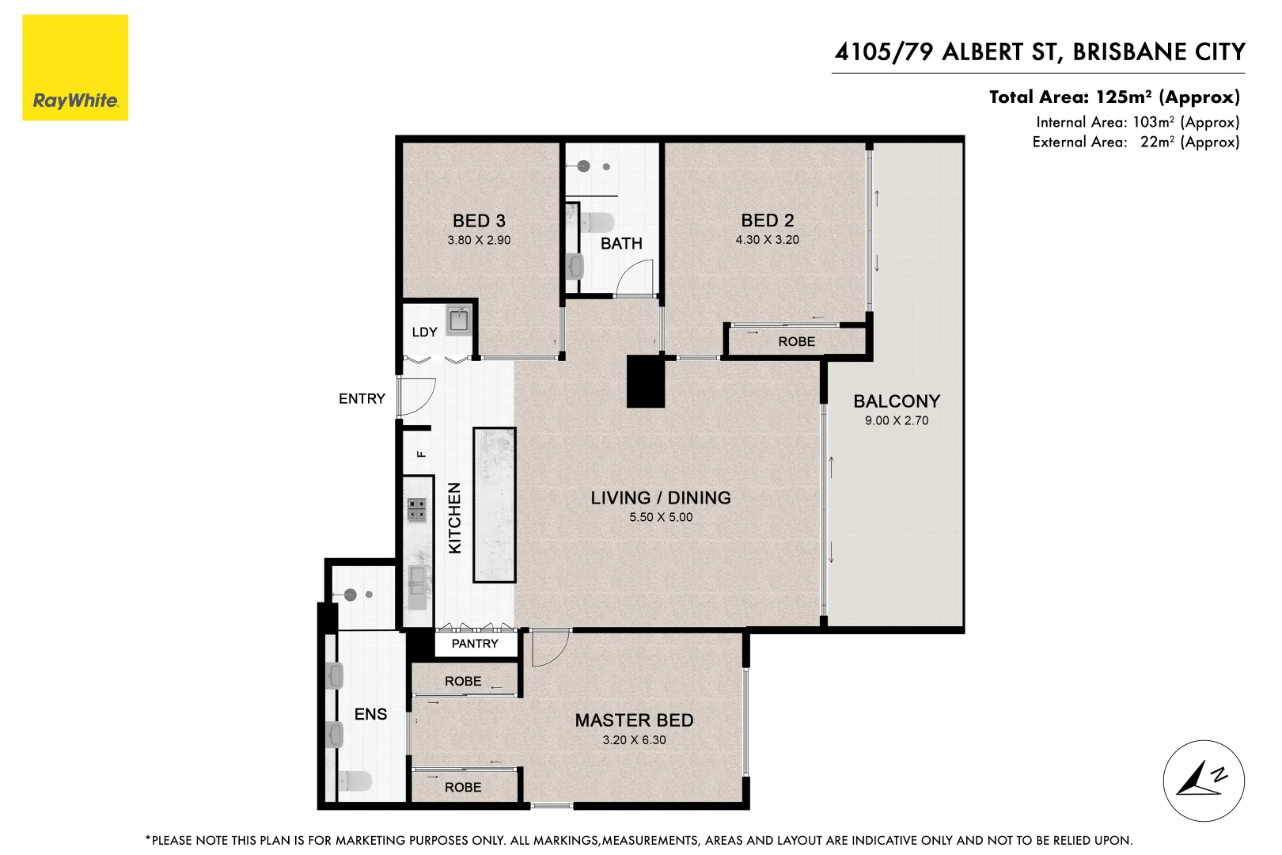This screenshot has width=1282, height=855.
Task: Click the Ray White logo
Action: click(x=75, y=68)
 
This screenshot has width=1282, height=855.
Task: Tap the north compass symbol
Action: click(x=1203, y=781)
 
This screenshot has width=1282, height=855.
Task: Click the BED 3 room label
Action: click(x=479, y=221)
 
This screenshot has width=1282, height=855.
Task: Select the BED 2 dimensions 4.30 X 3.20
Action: click(x=767, y=240)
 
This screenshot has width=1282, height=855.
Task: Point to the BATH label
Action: click(x=621, y=244)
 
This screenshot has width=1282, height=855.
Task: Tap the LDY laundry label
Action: click(x=424, y=332)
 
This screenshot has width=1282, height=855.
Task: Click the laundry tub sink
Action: click(x=458, y=321)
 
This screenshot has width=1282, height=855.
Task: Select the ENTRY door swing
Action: click(x=415, y=396)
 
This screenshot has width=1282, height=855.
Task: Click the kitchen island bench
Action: click(x=495, y=505)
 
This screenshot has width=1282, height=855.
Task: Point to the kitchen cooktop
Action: click(x=417, y=510)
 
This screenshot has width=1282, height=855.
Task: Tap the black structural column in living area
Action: click(x=646, y=382)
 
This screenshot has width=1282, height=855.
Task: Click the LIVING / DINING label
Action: click(x=661, y=498)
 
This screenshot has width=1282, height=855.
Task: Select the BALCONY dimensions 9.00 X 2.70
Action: click(x=897, y=421)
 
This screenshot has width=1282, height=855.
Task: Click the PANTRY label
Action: click(x=475, y=644)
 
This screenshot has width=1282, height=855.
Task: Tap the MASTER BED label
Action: click(x=634, y=720)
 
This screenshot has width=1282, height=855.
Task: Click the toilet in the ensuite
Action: click(x=355, y=781)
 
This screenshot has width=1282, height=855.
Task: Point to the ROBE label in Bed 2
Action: click(x=796, y=342)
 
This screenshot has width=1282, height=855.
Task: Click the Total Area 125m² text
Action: click(x=1114, y=97)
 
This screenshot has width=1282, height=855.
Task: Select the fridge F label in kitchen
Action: click(x=421, y=454)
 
